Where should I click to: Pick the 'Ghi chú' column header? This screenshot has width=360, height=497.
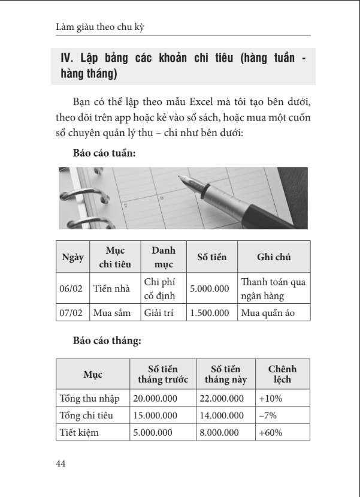point(274,258)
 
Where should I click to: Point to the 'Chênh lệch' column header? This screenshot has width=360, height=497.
point(282,374)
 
